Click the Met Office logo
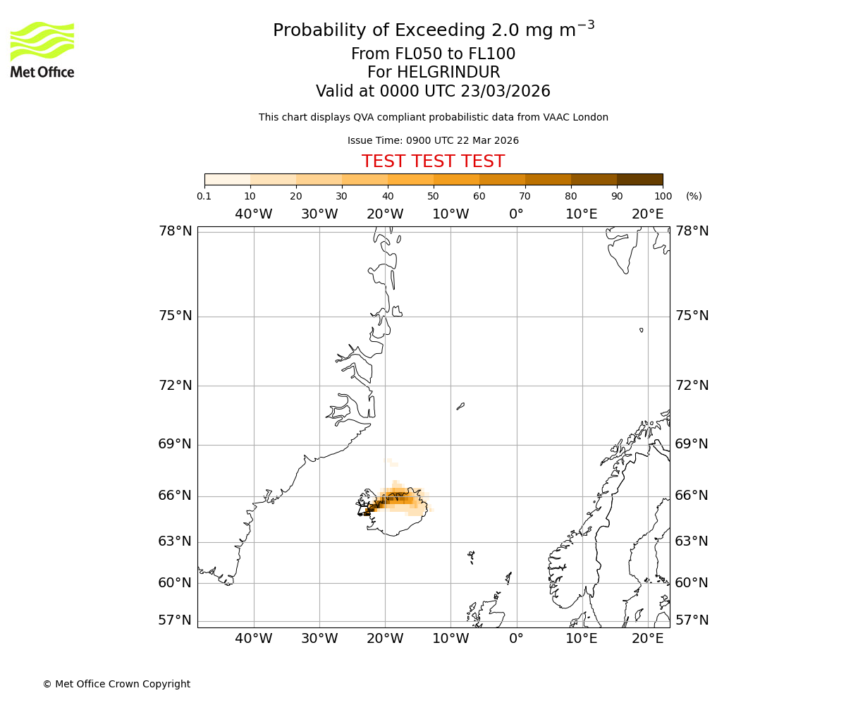pos(42,49)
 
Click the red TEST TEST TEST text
pos(433,161)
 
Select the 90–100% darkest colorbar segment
pos(639,179)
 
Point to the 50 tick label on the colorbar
pos(433,196)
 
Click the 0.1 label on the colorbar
pos(204,196)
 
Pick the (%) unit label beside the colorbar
pos(694,196)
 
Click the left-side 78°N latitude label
pos(175,231)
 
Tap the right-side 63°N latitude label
pos(692,541)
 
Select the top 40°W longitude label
pos(253,214)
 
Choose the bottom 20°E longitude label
pos(647,639)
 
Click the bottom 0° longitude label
pos(516,639)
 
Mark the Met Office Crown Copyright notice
pos(116,684)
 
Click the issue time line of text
pos(433,141)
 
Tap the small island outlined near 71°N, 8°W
pos(460,406)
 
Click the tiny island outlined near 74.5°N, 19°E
pos(642,330)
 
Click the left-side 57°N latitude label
pos(175,620)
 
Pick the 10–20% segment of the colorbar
pos(273,179)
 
